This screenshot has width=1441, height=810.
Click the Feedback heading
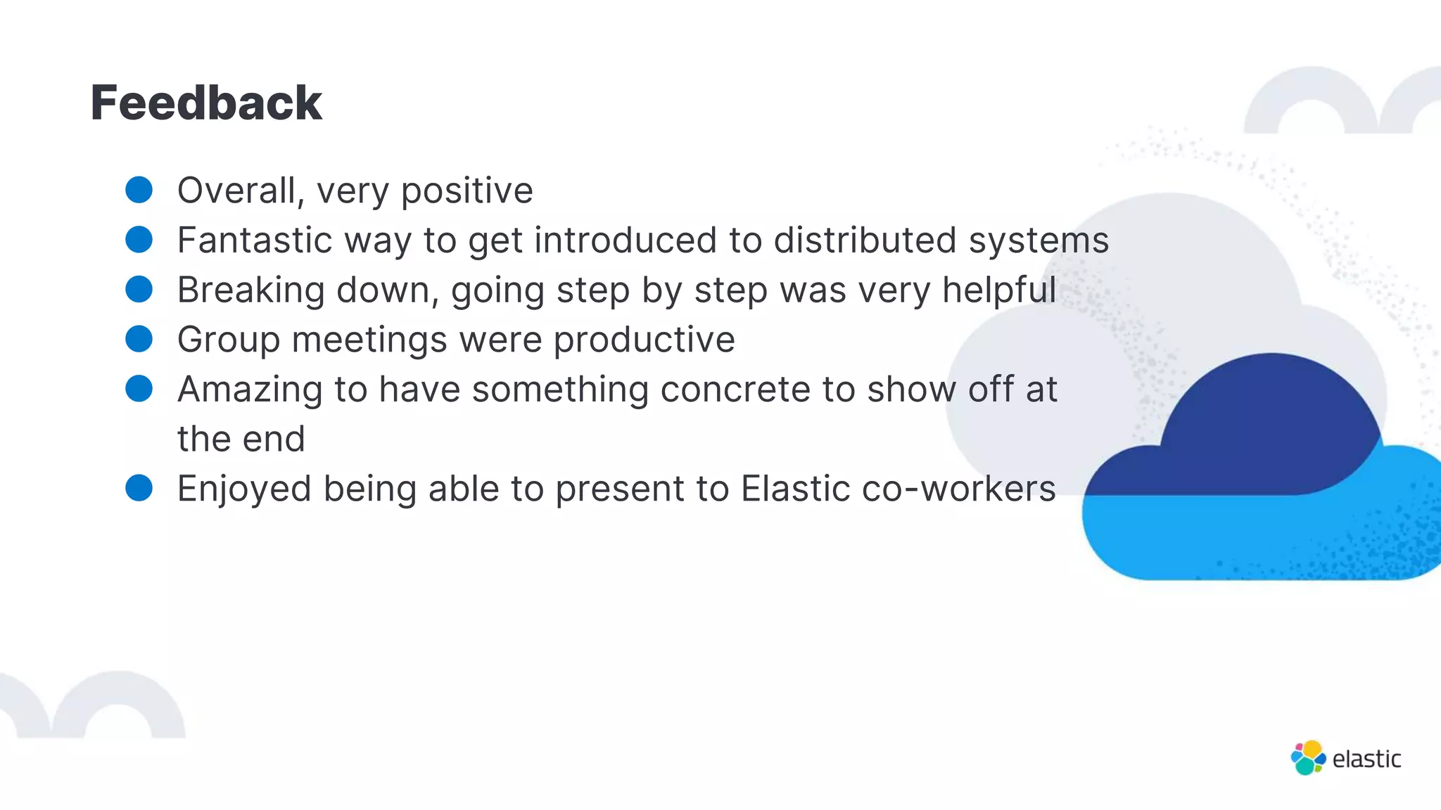tap(206, 103)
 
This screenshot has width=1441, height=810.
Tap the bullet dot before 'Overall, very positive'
tap(139, 190)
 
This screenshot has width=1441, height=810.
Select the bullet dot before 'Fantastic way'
tap(139, 240)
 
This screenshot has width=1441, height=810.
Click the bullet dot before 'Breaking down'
tap(139, 289)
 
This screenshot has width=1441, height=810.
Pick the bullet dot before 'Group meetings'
tap(139, 339)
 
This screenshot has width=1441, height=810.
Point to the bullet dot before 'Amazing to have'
tap(139, 389)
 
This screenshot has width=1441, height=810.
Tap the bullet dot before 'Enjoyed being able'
tap(139, 488)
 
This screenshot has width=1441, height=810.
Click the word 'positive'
tap(467, 191)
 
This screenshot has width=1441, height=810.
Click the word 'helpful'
tap(999, 290)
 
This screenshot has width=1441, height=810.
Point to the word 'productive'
tap(644, 340)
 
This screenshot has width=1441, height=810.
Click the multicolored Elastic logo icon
tap(1308, 758)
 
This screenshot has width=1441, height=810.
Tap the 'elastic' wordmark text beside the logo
tap(1366, 759)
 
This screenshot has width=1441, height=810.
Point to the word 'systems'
tap(1039, 240)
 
